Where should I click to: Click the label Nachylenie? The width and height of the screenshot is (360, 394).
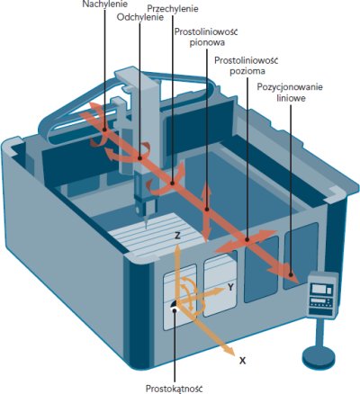[x=105, y=4]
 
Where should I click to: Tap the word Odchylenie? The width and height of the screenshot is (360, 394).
[x=140, y=17]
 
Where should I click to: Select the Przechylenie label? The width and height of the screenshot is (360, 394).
[x=174, y=8]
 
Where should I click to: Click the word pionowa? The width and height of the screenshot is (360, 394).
[x=207, y=42]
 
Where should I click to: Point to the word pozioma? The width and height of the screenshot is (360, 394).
[x=247, y=71]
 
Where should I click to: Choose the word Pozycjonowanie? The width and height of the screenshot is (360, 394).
[x=290, y=87]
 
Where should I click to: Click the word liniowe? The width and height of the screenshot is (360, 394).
[x=291, y=98]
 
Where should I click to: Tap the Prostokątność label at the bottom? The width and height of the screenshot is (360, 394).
[x=175, y=389]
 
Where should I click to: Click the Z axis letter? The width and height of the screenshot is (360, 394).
[x=177, y=236]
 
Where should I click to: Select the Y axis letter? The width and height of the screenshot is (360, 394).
[x=230, y=288]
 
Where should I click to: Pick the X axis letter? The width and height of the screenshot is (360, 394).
[x=242, y=361]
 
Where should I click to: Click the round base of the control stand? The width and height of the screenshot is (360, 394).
[x=319, y=357]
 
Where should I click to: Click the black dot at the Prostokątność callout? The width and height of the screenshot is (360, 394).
[x=175, y=310]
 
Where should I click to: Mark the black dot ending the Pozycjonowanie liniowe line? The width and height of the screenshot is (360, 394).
[x=291, y=274]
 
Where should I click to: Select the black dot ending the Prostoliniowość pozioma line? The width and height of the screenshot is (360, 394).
[x=247, y=239]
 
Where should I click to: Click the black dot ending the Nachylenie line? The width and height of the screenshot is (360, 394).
[x=104, y=130]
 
